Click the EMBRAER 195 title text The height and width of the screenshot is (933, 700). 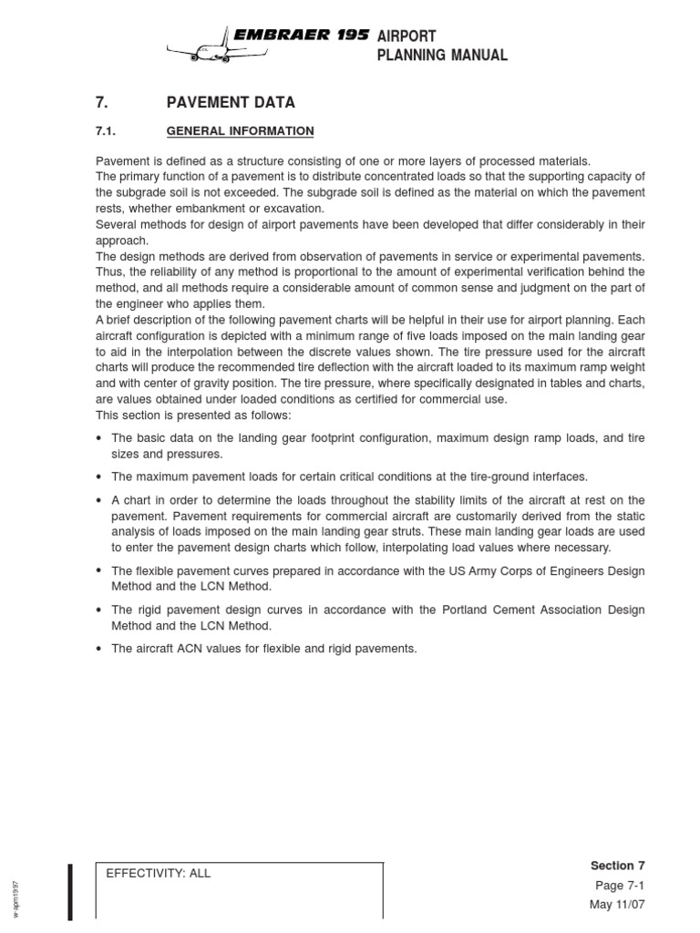[301, 36]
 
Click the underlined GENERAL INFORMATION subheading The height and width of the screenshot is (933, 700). [240, 131]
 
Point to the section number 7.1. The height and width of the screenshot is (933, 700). [108, 131]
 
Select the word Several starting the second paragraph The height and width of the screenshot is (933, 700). [118, 225]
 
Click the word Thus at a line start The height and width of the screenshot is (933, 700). [110, 272]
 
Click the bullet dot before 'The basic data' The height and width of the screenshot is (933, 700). [99, 438]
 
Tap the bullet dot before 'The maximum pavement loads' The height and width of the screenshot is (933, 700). [99, 477]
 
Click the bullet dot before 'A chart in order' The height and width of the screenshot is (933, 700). [99, 500]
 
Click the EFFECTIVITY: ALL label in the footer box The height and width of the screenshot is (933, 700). [159, 873]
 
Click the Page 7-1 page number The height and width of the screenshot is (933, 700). [620, 886]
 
